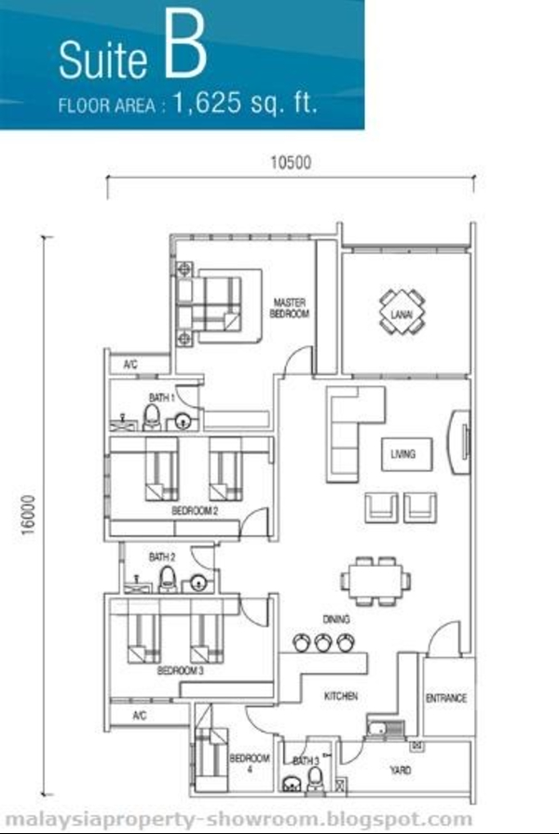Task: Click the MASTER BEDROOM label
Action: pos(289,308)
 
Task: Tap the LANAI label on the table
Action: pos(402,315)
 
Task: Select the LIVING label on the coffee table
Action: pos(403,453)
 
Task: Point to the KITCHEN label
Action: pos(341,695)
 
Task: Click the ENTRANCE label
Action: pos(446,698)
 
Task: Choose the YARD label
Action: pos(400,770)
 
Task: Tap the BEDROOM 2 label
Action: pos(195,511)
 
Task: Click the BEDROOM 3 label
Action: pos(181,670)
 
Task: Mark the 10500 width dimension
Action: pos(291,162)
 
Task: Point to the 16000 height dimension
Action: pos(28,515)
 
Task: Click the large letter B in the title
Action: pos(184,46)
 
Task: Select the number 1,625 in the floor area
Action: pos(207,101)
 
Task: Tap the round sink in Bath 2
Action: pos(198,584)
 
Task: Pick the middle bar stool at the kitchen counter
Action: pos(323,642)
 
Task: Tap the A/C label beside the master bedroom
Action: pos(130,365)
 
